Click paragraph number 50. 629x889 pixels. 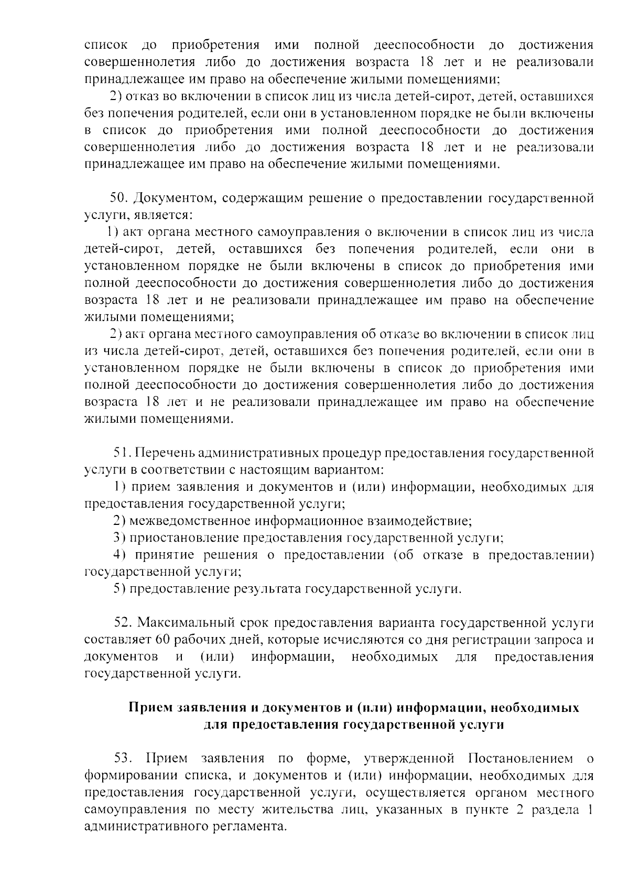[119, 199]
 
